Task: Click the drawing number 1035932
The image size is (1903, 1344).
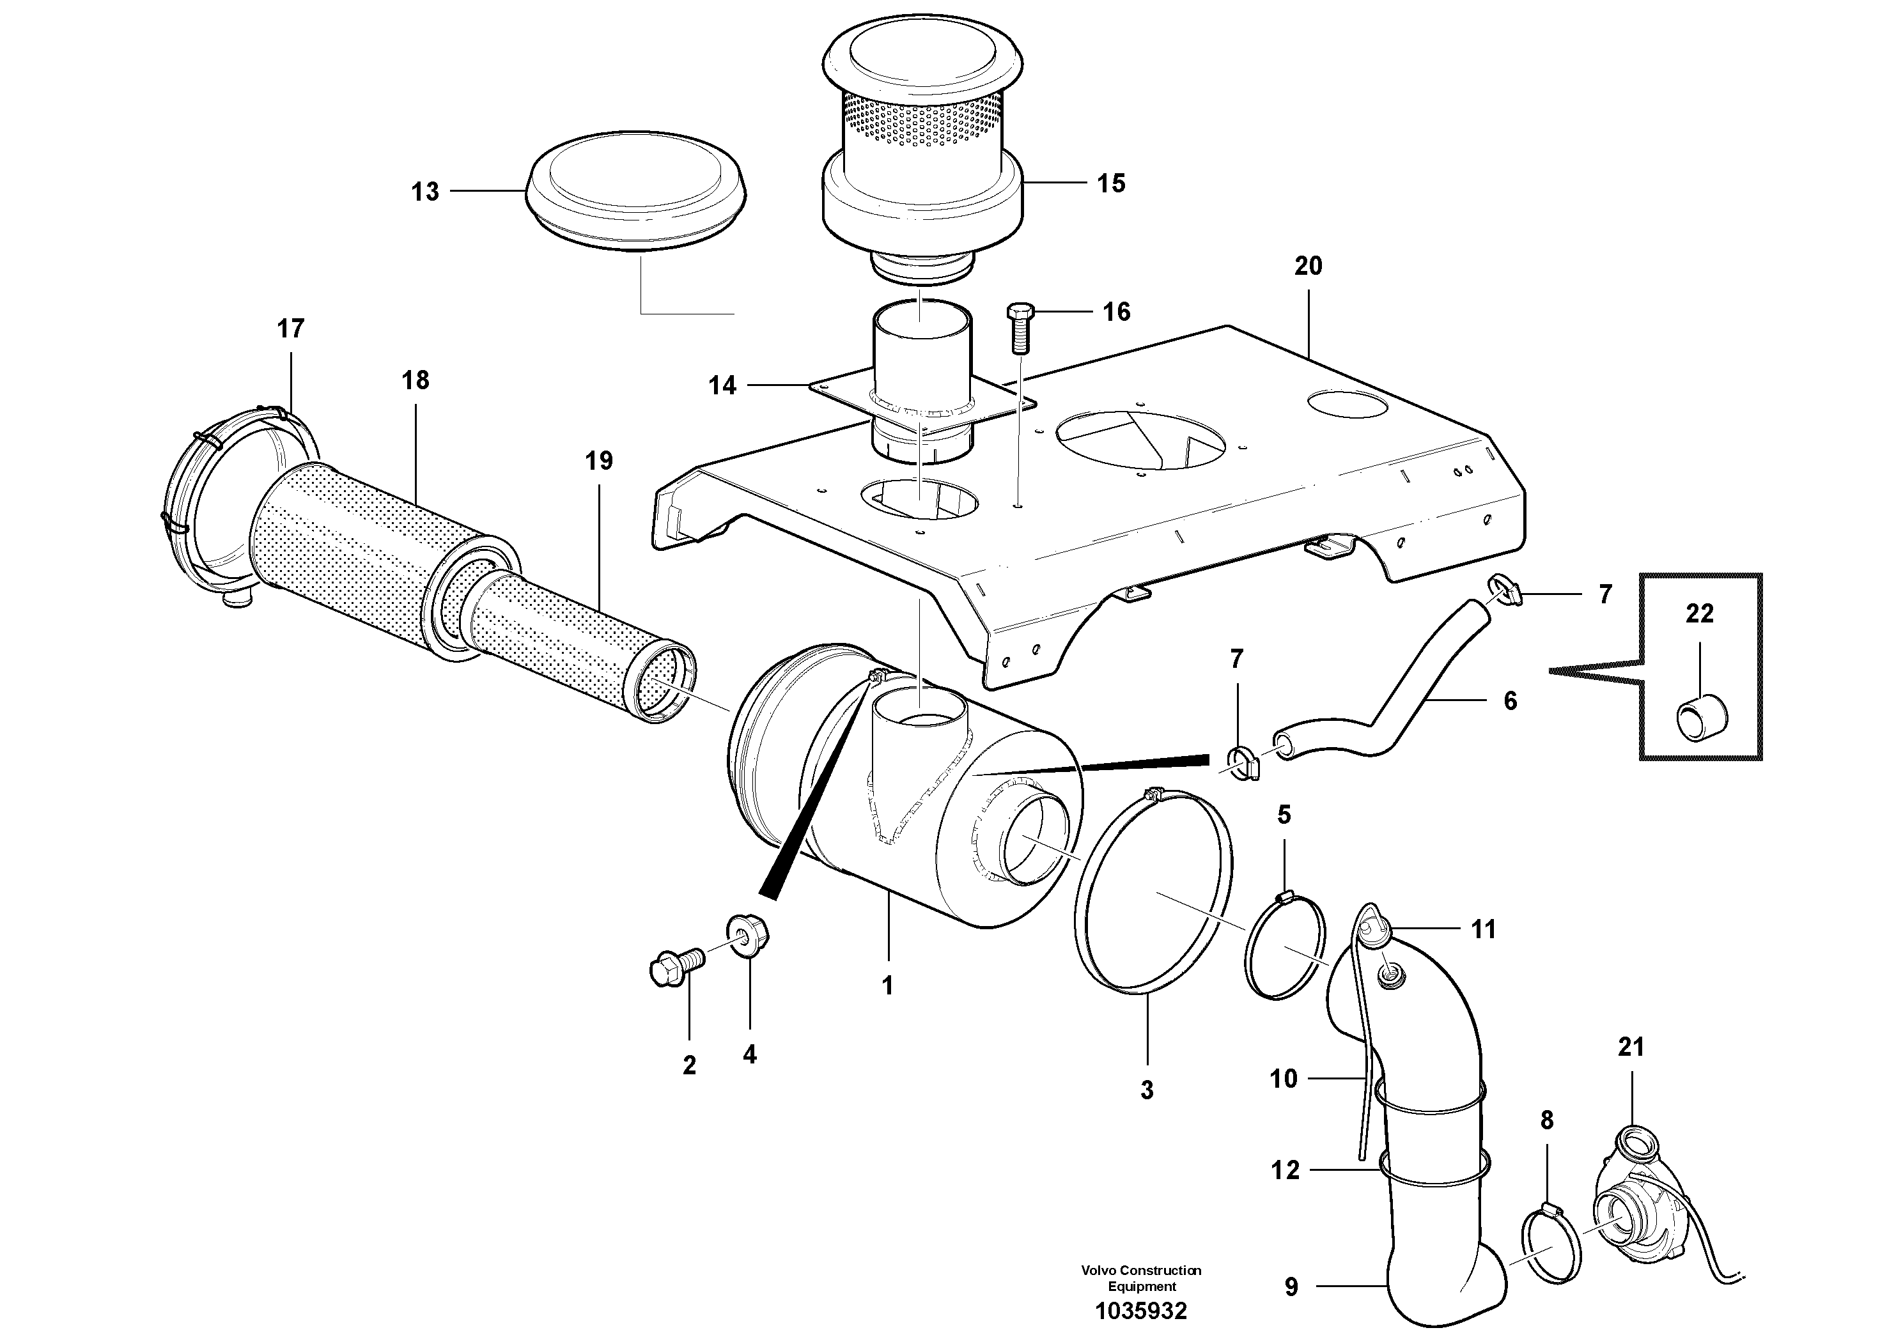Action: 1141,1311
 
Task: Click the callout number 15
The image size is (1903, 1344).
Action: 1112,183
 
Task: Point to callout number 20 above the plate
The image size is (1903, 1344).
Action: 1308,266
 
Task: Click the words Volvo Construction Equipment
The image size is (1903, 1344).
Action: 1141,1278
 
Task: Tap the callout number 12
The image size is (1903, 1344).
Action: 1285,1170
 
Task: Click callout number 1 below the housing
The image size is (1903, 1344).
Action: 887,985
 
